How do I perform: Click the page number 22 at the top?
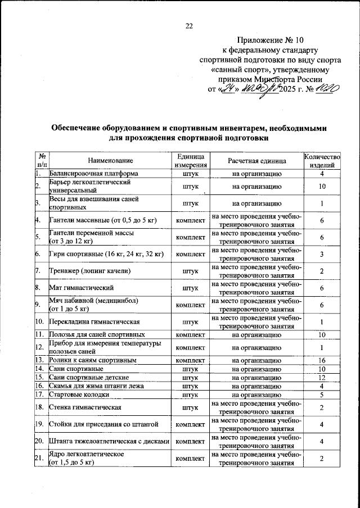[189, 26]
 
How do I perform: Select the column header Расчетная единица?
[256, 161]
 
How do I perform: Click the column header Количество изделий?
[322, 161]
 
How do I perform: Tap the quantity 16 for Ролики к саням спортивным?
[322, 360]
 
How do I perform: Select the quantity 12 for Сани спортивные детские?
[322, 378]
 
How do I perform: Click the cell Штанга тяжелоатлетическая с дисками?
[109, 442]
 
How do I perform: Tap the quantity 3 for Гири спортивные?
[322, 254]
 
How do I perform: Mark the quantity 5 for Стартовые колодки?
[322, 395]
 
